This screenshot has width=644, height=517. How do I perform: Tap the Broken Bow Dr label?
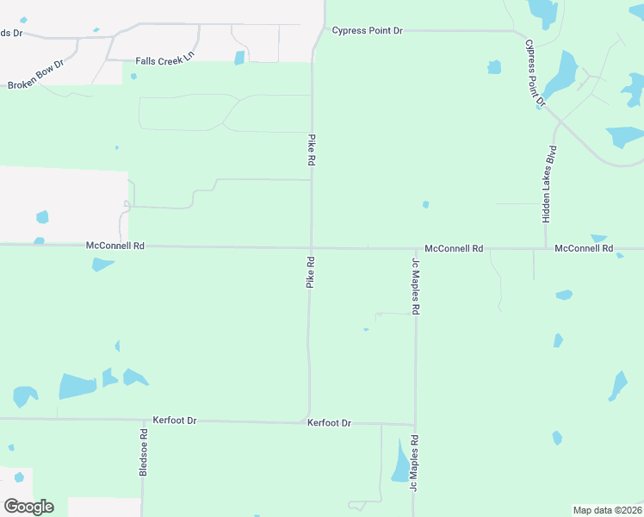tap(36, 76)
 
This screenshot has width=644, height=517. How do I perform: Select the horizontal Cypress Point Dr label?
tap(367, 31)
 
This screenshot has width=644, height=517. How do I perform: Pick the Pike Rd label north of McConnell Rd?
tap(312, 150)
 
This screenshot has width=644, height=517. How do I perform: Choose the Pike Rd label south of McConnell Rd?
tap(310, 271)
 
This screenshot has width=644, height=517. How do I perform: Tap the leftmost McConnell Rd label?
tap(115, 246)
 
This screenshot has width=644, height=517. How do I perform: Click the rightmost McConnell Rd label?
tap(584, 248)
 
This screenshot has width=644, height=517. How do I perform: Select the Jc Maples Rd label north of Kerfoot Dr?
tap(415, 286)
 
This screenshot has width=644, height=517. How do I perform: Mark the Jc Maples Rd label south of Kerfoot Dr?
tap(414, 464)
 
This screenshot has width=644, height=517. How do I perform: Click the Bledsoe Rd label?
tap(144, 451)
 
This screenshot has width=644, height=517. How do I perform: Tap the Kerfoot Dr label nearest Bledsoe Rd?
tap(175, 420)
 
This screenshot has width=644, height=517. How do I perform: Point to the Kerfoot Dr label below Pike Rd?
tap(329, 423)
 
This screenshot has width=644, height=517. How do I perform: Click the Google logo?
tap(29, 507)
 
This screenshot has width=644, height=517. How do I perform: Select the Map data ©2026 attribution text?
tap(607, 510)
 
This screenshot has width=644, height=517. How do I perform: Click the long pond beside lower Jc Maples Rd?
tap(400, 461)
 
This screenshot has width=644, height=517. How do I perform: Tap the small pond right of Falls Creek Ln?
tap(239, 58)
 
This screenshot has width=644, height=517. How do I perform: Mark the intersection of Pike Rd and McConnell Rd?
tap(311, 247)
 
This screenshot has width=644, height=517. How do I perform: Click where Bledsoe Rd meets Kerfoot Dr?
tap(143, 420)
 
